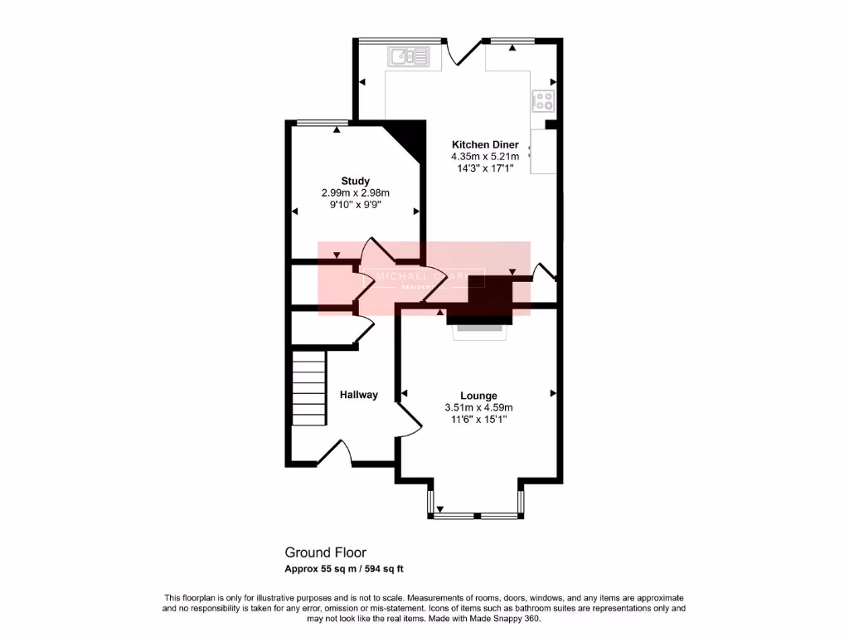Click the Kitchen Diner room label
point(485,144)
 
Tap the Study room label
point(355,181)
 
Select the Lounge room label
point(478,396)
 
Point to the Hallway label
point(358,395)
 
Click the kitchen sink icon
point(408,56)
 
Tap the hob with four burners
point(543,101)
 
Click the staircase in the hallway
point(308,387)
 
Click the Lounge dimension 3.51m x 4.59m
point(478,407)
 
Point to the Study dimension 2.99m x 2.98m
point(355,192)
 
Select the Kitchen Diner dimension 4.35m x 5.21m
point(485,156)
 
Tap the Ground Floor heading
point(325,552)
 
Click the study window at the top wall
point(320,124)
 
